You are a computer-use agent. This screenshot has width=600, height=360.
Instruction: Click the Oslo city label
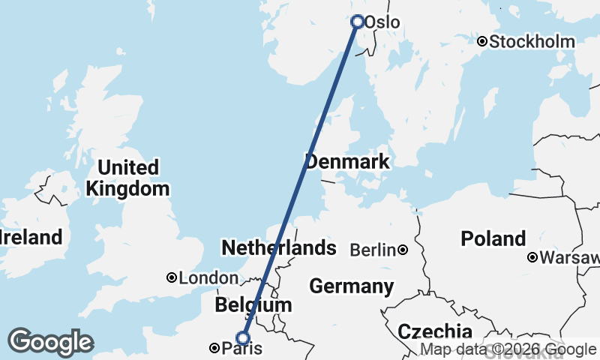[382, 23]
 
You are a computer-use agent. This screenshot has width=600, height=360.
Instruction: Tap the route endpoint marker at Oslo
[358, 22]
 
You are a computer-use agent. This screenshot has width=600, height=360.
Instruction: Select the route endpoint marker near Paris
[242, 338]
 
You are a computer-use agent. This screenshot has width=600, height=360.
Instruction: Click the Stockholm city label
[532, 42]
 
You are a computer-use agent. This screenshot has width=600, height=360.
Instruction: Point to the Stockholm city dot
[482, 42]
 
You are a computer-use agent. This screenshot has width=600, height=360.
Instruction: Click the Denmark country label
[347, 161]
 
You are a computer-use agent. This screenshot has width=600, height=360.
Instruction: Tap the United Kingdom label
[127, 178]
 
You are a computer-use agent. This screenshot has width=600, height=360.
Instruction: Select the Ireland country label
[30, 238]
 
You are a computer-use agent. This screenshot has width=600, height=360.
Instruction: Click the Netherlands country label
[278, 247]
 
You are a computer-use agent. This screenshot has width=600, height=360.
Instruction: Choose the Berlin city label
[373, 250]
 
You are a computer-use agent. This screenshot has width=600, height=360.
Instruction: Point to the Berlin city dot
[403, 250]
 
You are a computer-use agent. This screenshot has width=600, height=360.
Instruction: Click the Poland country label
[493, 239]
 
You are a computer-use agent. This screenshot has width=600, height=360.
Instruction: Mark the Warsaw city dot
[532, 258]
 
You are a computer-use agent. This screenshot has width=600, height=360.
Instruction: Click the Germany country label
[351, 286]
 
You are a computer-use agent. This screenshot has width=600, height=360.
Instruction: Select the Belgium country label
[253, 305]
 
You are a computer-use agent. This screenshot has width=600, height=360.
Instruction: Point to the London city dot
[172, 278]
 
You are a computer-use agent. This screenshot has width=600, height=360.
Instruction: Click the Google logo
[50, 341]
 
